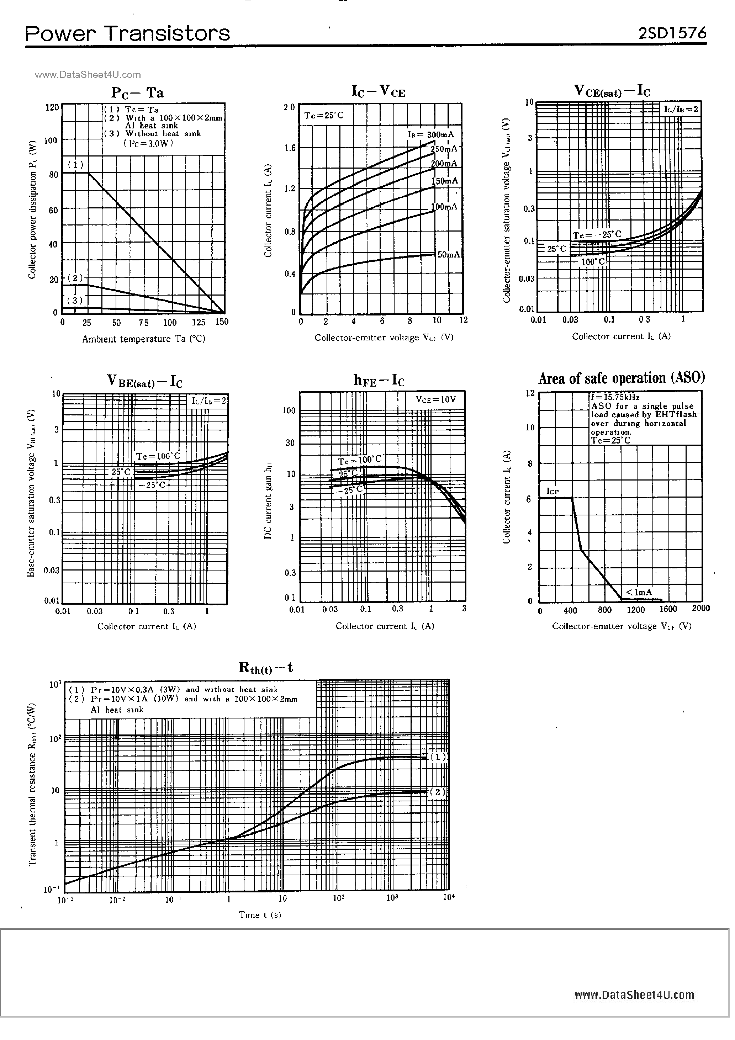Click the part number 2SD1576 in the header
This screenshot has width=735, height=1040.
pyautogui.click(x=672, y=33)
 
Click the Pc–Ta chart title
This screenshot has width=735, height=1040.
pyautogui.click(x=137, y=93)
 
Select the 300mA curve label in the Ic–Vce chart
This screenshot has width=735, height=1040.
pyautogui.click(x=431, y=134)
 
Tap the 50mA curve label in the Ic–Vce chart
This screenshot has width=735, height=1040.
pyautogui.click(x=448, y=255)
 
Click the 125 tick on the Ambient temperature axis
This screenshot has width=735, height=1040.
pyautogui.click(x=199, y=323)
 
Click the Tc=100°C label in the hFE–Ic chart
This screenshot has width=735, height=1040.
pyautogui.click(x=360, y=460)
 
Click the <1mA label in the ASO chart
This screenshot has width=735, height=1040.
pyautogui.click(x=639, y=592)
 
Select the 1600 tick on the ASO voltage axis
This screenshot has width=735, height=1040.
pyautogui.click(x=667, y=609)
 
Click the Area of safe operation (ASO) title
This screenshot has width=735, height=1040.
pyautogui.click(x=621, y=378)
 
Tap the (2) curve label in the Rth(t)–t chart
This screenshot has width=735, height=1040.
pyautogui.click(x=437, y=792)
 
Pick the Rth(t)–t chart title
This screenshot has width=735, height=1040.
pyautogui.click(x=265, y=668)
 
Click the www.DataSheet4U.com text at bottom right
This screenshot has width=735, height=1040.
pyautogui.click(x=634, y=995)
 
